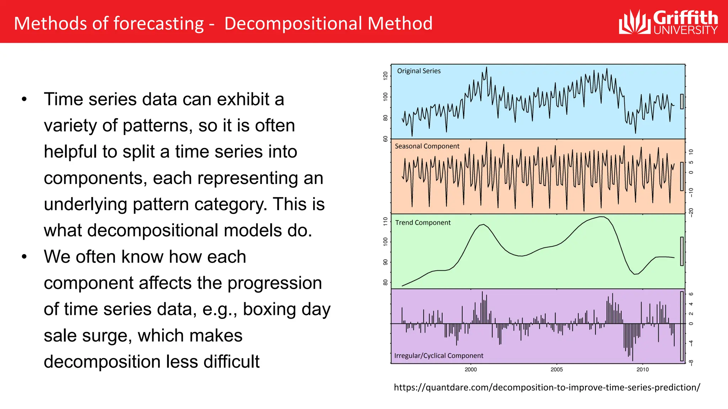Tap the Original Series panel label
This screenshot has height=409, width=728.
(418, 71)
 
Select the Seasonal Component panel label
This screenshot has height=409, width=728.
(427, 146)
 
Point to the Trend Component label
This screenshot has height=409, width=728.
(423, 223)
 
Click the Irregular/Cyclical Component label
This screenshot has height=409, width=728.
(438, 356)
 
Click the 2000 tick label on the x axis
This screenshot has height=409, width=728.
(471, 370)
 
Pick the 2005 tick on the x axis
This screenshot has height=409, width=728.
(556, 370)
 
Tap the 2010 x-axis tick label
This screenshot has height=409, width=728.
(642, 370)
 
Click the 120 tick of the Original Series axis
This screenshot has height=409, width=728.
(385, 75)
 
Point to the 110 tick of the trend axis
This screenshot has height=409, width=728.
(385, 222)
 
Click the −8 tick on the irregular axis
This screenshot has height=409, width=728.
(691, 362)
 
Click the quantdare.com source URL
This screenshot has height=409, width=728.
(547, 387)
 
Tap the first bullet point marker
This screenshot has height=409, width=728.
(24, 99)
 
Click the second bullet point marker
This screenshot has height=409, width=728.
(24, 257)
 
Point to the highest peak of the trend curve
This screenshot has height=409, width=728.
(601, 217)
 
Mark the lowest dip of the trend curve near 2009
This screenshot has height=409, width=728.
(635, 274)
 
